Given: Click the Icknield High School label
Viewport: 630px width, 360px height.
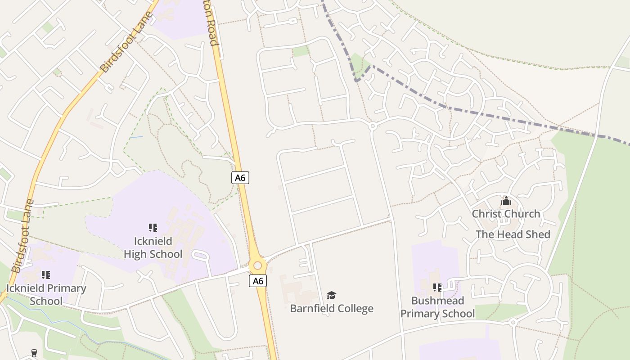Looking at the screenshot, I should pos(153,248).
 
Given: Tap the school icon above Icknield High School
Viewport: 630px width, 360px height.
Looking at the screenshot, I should pos(153,228).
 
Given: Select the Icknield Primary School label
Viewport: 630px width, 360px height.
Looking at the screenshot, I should pos(46,294).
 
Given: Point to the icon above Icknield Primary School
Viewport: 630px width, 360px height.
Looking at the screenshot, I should pos(45,274).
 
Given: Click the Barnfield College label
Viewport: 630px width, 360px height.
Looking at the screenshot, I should pos(332,308).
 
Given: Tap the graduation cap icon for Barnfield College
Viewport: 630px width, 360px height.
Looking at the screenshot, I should pos(332,295).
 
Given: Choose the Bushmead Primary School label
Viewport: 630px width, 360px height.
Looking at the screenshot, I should pos(437,307).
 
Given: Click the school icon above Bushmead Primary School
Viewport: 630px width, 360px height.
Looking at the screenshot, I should pos(437,287).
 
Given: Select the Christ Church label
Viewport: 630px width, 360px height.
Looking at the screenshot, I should pos(506,214).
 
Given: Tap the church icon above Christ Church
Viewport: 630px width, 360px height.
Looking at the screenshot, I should pos(506,200).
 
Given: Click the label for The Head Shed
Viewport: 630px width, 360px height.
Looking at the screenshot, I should pos(513,234).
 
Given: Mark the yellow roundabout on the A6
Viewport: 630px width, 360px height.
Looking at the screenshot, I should pos(257,265).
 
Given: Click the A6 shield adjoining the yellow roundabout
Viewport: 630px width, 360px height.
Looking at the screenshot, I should pos(257,281).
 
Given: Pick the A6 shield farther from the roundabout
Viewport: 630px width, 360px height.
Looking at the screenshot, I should pos(240,178).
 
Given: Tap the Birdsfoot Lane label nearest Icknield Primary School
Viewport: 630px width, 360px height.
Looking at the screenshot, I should pos(22,236).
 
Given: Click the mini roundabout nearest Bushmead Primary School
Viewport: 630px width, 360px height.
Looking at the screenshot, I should pos(513,322).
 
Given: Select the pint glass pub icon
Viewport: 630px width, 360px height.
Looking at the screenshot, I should pos(34,353).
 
